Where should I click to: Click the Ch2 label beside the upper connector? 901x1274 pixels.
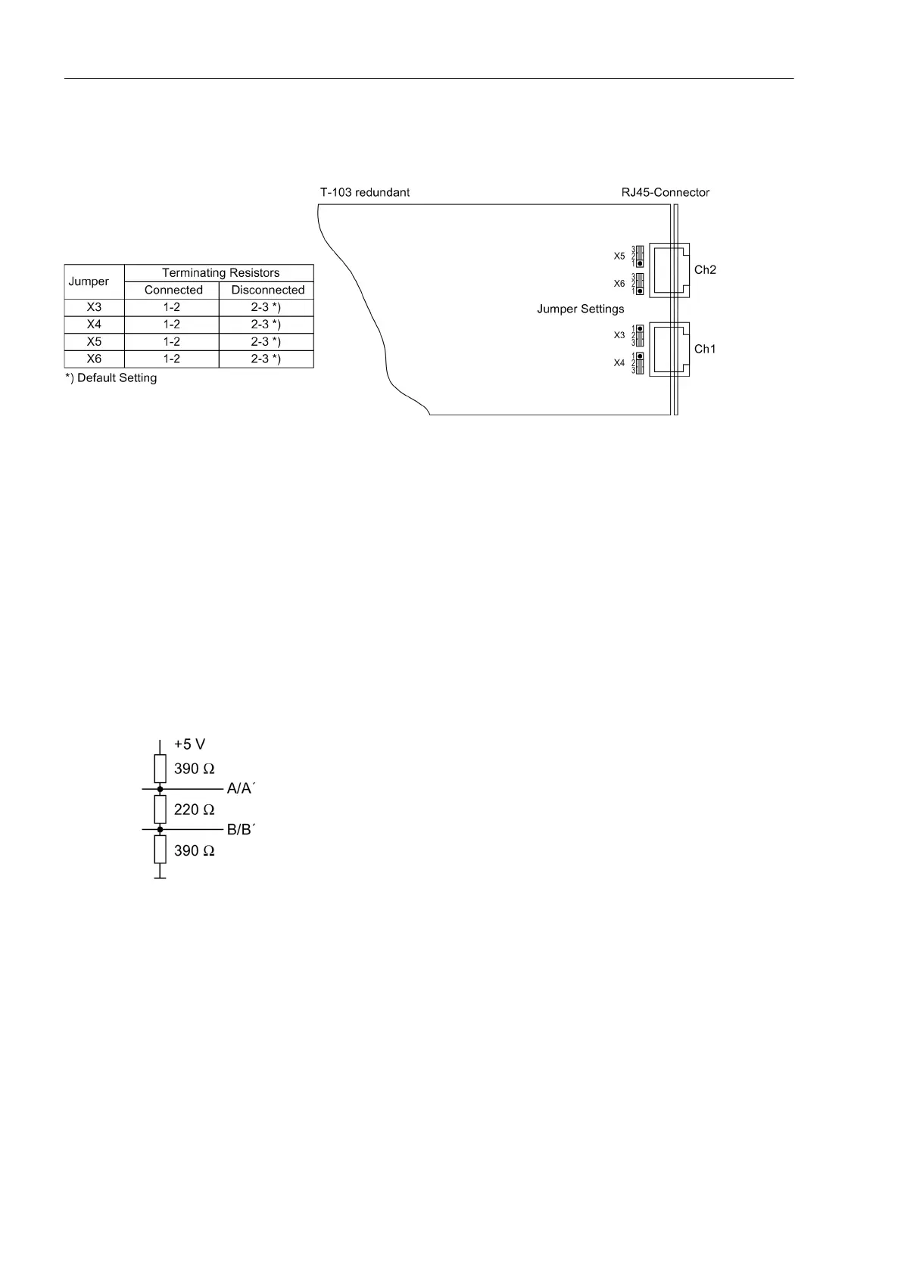click(x=705, y=270)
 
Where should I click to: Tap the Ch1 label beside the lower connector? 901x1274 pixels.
click(x=705, y=350)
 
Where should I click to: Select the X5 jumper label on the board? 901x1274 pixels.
click(x=619, y=256)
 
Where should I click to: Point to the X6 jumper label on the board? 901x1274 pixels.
click(x=619, y=284)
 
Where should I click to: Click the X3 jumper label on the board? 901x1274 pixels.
click(x=619, y=335)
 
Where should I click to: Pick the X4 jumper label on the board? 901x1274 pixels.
click(x=619, y=363)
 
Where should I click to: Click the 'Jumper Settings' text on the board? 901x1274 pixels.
click(x=581, y=309)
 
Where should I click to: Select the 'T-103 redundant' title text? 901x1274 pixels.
click(x=364, y=192)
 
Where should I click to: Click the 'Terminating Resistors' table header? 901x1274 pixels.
click(x=220, y=273)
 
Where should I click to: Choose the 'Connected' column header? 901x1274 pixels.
click(x=173, y=291)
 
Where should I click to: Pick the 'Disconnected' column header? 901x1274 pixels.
click(x=267, y=291)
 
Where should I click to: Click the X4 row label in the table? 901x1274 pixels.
click(x=94, y=325)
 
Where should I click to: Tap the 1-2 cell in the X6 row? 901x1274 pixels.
click(x=172, y=359)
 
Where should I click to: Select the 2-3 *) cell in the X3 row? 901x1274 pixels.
click(x=266, y=308)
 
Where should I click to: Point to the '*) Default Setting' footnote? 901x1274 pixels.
click(x=111, y=378)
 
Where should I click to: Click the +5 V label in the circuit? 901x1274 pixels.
click(x=189, y=744)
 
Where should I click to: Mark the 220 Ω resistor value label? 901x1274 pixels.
click(x=195, y=810)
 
